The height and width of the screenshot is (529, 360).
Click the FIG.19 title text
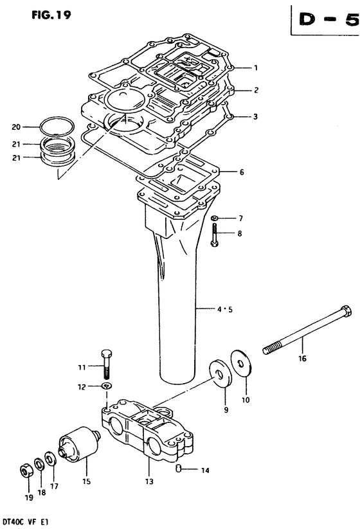[x=51, y=15]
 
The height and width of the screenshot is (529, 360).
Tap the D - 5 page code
[x=328, y=20]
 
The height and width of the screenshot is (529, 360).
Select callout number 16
[x=302, y=358]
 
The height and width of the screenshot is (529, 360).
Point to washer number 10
[x=242, y=363]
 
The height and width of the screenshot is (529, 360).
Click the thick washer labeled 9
[x=221, y=374]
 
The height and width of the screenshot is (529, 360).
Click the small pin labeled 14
[x=179, y=468]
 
